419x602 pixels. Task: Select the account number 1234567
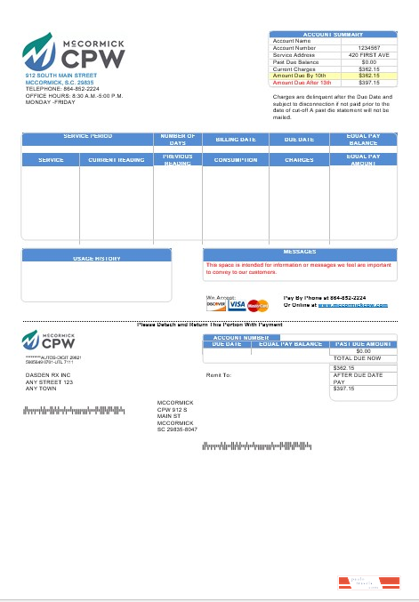(368, 47)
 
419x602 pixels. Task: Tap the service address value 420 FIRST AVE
(368, 54)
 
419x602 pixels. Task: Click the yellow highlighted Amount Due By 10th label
(296, 76)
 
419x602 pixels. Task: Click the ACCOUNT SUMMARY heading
(333, 34)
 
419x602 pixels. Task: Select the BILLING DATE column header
(236, 140)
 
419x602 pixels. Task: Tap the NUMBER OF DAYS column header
(178, 139)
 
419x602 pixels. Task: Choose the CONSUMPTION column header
(235, 160)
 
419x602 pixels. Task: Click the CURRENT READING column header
(116, 160)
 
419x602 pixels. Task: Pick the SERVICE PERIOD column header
(88, 136)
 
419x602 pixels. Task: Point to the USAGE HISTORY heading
(96, 258)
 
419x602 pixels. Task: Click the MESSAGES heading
(300, 252)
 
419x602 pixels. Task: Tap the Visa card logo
(237, 305)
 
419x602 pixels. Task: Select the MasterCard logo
(257, 305)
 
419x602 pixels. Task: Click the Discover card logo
(216, 305)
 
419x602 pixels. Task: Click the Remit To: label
(219, 375)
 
